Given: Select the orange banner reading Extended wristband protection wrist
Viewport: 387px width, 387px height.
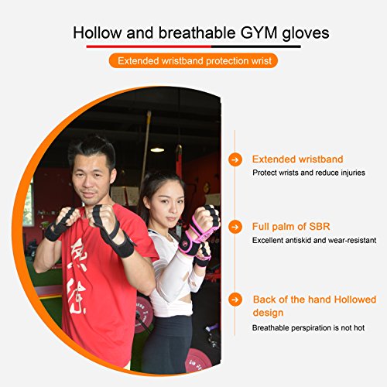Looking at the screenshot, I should (x=193, y=60).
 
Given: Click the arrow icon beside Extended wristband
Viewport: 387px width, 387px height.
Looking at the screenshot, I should (x=235, y=159).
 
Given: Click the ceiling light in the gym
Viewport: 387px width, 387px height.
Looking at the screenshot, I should (x=157, y=149).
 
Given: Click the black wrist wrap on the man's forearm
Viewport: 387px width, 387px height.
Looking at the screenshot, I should (x=121, y=246).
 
